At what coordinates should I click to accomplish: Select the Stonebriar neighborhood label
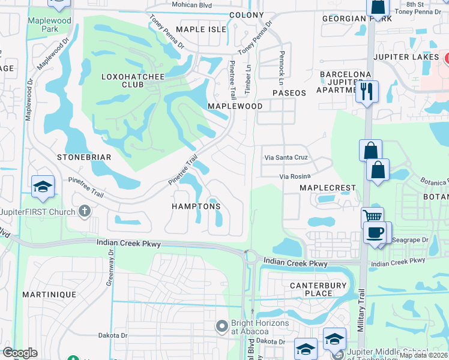85,157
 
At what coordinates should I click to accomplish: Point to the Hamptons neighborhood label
196,206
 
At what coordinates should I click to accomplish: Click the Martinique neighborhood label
49,295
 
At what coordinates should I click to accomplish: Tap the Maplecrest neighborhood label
328,188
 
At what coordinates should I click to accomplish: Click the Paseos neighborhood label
289,93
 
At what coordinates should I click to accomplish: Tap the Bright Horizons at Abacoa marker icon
222,326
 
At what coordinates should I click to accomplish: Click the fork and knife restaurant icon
367,92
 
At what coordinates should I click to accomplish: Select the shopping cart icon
372,218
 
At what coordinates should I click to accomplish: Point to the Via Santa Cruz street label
286,157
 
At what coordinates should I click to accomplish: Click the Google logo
20,353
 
